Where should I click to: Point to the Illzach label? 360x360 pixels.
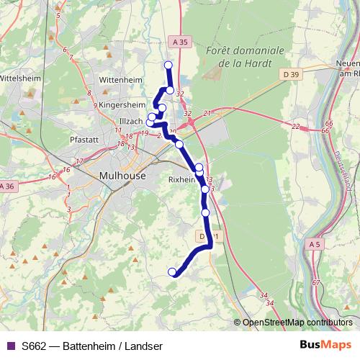click(x=131, y=121)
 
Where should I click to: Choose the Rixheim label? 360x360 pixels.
click(x=182, y=179)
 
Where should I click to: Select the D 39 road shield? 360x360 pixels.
click(x=291, y=74)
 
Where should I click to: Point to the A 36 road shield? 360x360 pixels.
click(x=6, y=187)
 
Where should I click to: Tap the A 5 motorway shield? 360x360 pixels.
click(x=314, y=246)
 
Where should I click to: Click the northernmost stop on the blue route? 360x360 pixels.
click(x=168, y=66)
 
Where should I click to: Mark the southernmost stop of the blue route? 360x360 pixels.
click(x=172, y=271)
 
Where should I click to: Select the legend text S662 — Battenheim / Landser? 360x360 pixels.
click(x=92, y=345)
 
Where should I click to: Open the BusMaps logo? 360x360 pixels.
click(x=325, y=344)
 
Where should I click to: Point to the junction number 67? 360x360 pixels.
click(x=316, y=282)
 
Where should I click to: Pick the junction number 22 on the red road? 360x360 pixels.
click(x=295, y=127)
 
